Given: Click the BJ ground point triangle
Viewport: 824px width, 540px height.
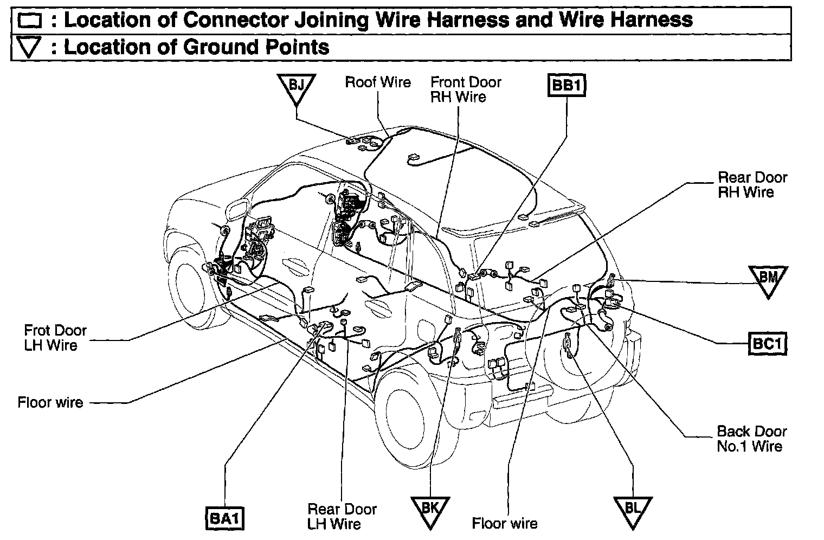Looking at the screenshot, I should click(x=296, y=87).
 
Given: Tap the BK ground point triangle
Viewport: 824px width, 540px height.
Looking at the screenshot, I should click(x=429, y=510).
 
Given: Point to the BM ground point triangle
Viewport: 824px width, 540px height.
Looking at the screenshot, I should click(x=767, y=279).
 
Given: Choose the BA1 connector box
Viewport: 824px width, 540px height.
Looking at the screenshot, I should click(x=224, y=518).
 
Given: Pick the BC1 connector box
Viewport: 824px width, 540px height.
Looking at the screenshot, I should click(x=768, y=343).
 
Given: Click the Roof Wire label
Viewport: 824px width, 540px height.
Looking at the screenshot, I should click(x=378, y=82).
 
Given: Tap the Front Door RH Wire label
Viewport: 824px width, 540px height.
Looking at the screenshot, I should click(x=466, y=89).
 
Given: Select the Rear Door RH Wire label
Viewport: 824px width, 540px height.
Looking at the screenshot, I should click(x=752, y=184).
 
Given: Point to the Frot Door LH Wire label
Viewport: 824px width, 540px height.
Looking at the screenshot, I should click(x=55, y=338).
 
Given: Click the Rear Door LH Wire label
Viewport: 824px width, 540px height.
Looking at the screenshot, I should click(x=342, y=516).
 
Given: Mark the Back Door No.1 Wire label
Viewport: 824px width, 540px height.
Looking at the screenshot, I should click(x=751, y=439).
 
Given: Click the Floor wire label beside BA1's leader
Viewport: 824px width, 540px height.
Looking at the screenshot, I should click(x=50, y=402).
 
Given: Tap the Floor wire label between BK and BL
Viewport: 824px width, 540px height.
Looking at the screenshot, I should click(x=504, y=523).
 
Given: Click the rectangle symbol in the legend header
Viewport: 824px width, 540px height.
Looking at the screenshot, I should click(x=30, y=21).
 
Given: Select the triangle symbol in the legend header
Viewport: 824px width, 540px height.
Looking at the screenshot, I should click(x=29, y=48).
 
